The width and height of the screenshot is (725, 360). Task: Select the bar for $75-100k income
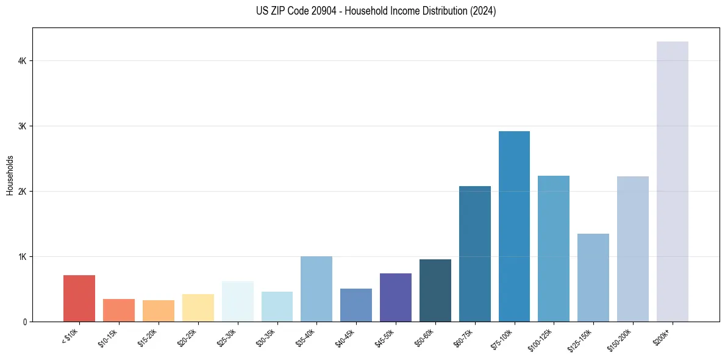click(x=514, y=226)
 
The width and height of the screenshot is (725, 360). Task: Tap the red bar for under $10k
click(x=79, y=298)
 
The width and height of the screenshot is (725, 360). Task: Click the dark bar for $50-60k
click(x=435, y=290)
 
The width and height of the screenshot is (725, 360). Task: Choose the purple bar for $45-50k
click(x=395, y=297)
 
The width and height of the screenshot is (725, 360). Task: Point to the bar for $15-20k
click(x=158, y=311)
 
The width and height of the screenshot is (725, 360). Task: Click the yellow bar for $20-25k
click(x=198, y=308)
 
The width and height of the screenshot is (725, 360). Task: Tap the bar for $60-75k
click(x=474, y=254)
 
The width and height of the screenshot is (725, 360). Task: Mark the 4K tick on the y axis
click(x=23, y=61)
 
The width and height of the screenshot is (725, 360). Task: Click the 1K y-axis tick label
click(x=23, y=257)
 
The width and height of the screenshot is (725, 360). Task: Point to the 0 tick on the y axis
click(x=25, y=322)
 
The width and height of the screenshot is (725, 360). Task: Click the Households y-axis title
click(x=10, y=175)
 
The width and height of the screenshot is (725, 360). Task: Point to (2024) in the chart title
click(x=482, y=11)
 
